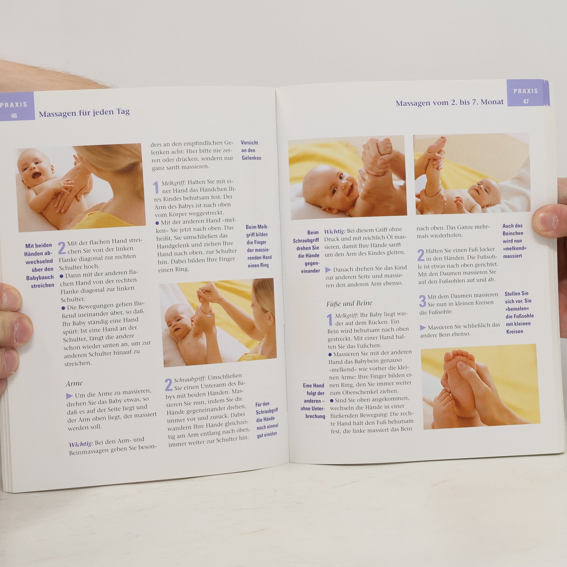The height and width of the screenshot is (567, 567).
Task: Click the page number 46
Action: [x=14, y=116]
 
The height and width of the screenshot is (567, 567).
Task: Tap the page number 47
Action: [x=526, y=102]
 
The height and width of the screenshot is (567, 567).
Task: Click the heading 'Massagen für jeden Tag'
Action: [x=84, y=113]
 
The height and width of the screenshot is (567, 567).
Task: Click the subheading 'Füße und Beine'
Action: [x=349, y=303]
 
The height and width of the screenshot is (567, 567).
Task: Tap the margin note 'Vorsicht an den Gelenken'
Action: [x=251, y=150]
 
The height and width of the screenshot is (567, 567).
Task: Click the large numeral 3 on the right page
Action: [x=422, y=301]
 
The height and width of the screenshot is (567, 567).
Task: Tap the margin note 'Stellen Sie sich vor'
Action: [x=519, y=312]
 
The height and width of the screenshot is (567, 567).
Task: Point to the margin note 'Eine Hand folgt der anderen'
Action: [x=314, y=401]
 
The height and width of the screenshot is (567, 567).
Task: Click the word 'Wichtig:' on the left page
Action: [x=81, y=444]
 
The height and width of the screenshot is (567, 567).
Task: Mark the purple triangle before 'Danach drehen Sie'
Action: [x=328, y=270]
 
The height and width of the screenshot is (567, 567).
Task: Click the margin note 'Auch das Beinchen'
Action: [x=514, y=241]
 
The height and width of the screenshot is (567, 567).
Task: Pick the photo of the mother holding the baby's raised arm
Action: [x=218, y=323]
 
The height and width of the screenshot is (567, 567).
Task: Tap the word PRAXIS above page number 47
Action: [x=526, y=91]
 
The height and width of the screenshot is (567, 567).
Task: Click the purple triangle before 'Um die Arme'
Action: [x=69, y=396]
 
